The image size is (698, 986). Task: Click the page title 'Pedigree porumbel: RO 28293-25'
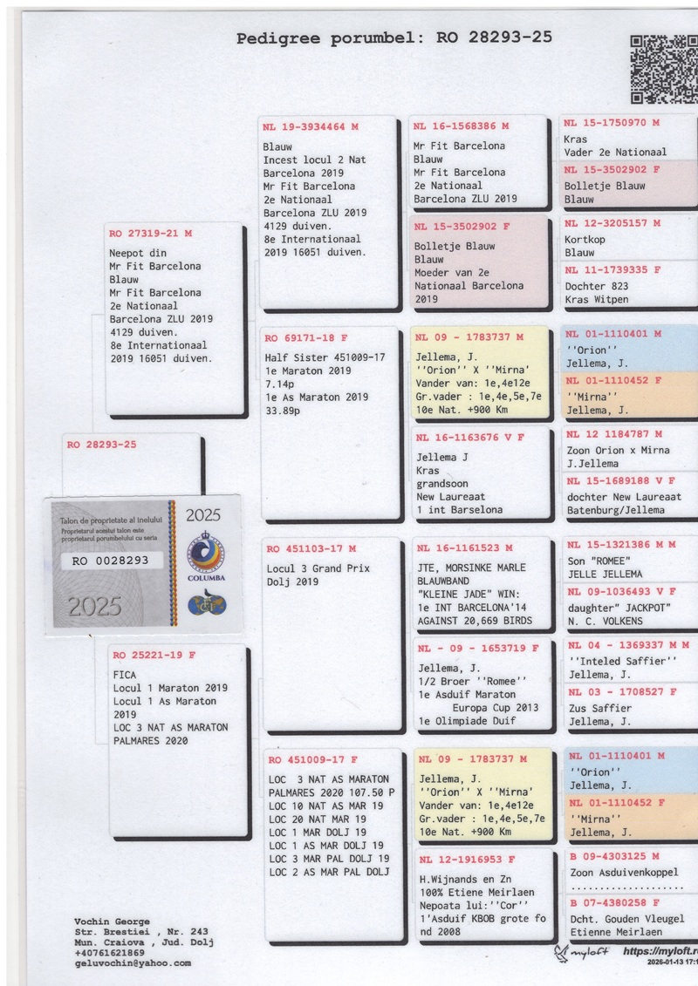[x=393, y=38]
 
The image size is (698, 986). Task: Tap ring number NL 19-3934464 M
[x=311, y=127]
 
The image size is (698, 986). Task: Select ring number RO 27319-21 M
[x=151, y=234]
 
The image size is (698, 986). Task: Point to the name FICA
[x=124, y=675]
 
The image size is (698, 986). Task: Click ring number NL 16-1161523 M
[x=464, y=548]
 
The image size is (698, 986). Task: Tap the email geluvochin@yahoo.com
[x=133, y=963]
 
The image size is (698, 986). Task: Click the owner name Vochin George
[x=113, y=921]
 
